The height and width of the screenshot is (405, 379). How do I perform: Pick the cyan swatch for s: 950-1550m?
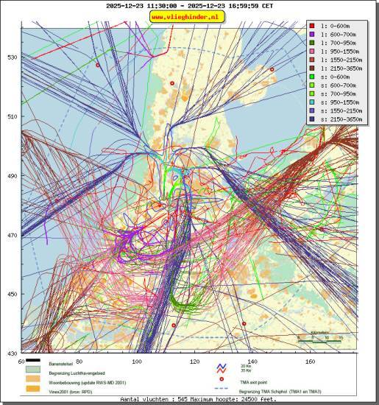coord(313,102)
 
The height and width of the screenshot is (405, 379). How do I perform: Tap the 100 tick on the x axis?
coord(137,362)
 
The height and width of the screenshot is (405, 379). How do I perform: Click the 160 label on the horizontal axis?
coord(310,362)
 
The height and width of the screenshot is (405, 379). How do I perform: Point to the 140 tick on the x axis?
coord(252,362)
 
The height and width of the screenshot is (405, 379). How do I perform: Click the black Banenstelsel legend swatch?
coord(33,362)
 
